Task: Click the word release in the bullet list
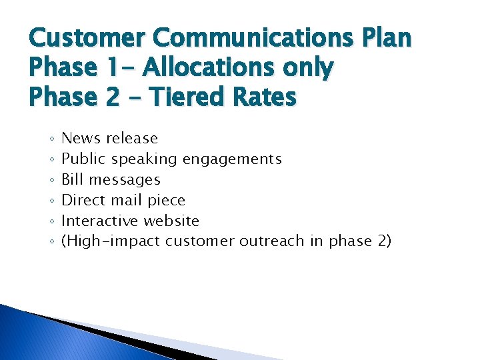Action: coord(132,139)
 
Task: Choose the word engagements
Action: coord(232,159)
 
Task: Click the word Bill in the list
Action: coord(73,179)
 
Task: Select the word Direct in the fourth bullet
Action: coord(84,200)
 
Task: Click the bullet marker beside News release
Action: coord(51,139)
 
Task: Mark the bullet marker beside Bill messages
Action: coord(51,180)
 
